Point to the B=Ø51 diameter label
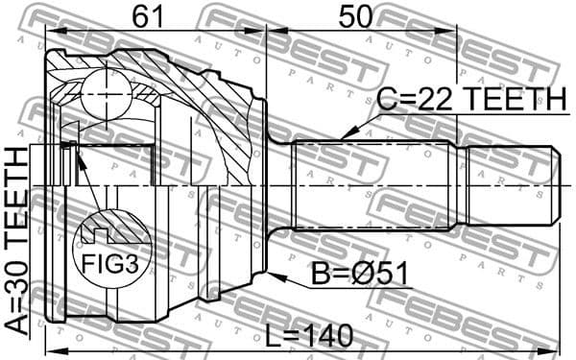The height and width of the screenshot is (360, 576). coord(360,275)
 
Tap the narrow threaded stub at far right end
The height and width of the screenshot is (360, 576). coord(509,184)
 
